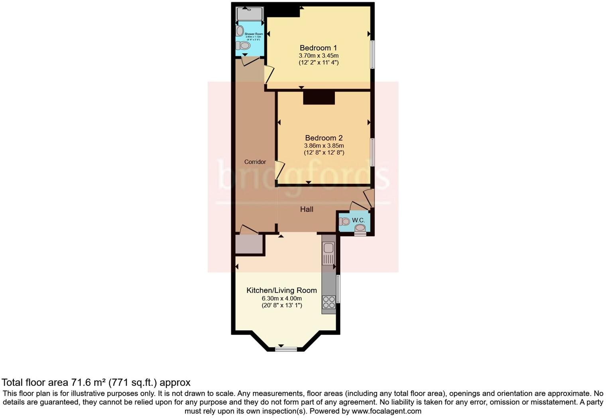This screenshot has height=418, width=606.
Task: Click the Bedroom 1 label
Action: point(318,48)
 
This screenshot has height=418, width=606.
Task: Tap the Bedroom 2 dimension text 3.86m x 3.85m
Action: point(324,146)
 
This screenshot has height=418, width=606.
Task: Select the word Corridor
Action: point(255,162)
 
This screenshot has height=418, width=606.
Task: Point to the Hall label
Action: point(307,209)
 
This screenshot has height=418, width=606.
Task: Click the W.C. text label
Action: point(358,220)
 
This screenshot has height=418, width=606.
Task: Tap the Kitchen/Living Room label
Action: point(281,290)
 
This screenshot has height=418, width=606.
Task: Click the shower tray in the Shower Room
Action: point(250,14)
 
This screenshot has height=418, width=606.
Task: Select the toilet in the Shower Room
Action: point(243,46)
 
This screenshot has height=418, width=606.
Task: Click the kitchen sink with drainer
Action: point(329,253)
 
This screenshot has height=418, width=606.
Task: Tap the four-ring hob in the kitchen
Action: point(329,302)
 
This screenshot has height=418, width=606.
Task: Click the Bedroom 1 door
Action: point(270,75)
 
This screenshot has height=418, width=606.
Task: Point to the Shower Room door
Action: point(250,61)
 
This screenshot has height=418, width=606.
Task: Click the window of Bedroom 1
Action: point(372,54)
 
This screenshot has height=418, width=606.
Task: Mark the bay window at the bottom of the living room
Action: point(286,349)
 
